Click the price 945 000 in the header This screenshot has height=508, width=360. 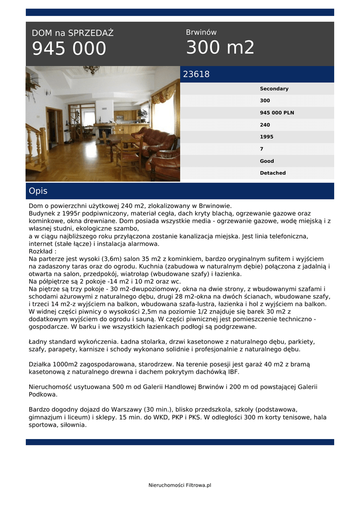(x=69, y=49)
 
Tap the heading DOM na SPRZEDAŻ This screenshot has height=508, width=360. (x=72, y=33)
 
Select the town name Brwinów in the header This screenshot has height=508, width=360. (x=201, y=32)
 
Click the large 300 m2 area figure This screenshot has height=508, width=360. (x=220, y=48)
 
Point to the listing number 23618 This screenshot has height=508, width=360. (x=196, y=74)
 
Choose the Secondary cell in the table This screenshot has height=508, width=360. (x=274, y=89)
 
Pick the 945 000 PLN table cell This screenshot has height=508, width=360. (x=277, y=113)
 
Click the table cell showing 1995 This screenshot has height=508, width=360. (x=266, y=137)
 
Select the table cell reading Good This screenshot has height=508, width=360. (x=267, y=161)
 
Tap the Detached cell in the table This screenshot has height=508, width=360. (x=273, y=173)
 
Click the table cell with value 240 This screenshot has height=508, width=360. (x=265, y=125)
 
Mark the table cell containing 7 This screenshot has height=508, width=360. (x=262, y=149)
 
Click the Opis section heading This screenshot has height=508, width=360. (x=38, y=191)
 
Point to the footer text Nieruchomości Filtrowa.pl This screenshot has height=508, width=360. (x=180, y=485)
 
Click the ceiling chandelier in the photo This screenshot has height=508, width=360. (x=91, y=69)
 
